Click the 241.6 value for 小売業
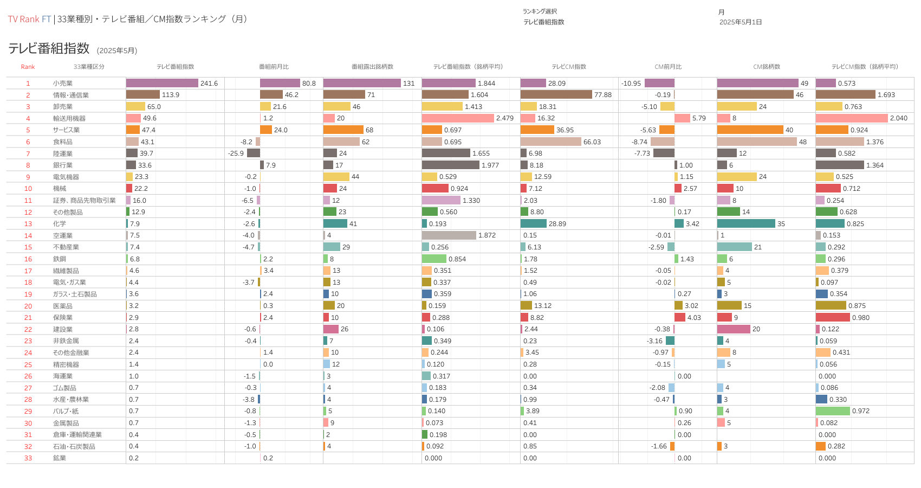point(209,84)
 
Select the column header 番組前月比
point(274,67)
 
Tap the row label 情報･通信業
point(70,95)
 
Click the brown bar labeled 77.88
point(556,95)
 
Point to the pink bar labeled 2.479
point(457,118)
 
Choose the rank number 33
point(28,458)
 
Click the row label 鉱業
point(60,458)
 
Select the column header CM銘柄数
point(767,67)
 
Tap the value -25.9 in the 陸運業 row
point(236,153)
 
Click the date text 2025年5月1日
point(741,22)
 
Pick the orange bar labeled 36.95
point(537,130)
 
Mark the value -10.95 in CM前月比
point(631,84)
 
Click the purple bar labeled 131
point(361,84)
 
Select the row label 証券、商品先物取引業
point(84,201)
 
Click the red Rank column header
point(28,67)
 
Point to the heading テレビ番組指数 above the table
point(49,48)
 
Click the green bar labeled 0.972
point(832,411)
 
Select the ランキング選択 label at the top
point(540,11)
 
